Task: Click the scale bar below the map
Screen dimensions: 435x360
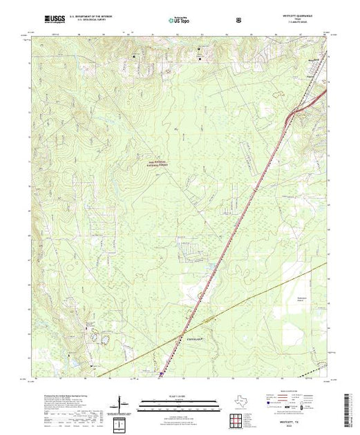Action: (x=169, y=403)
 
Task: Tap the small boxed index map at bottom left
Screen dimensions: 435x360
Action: (x=122, y=422)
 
